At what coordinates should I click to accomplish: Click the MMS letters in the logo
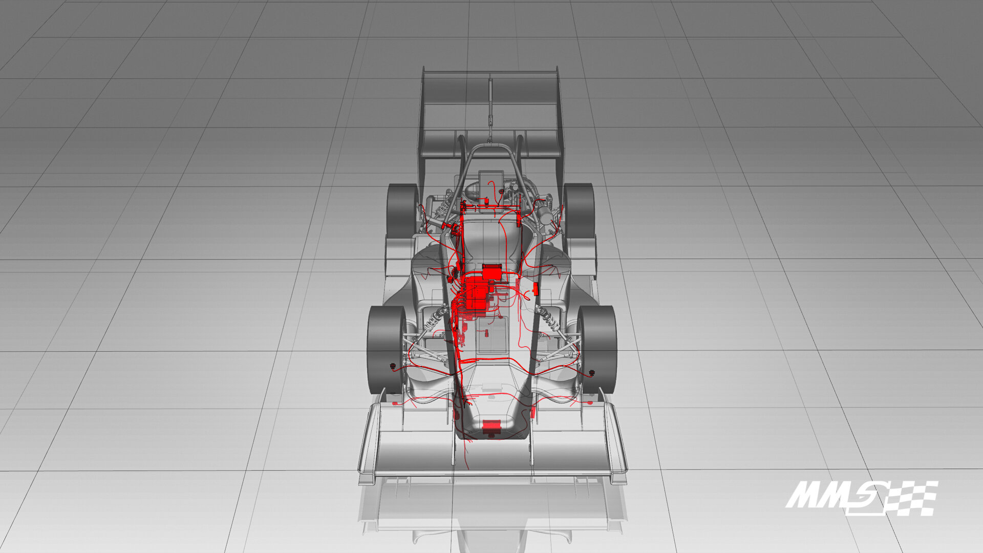(829, 495)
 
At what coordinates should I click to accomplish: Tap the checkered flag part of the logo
(909, 498)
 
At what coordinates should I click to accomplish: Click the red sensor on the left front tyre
(393, 366)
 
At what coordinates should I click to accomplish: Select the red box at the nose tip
(491, 424)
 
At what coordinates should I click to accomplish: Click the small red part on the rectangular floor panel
(486, 333)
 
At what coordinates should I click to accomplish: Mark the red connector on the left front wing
(394, 405)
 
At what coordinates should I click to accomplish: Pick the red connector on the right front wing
(589, 403)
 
